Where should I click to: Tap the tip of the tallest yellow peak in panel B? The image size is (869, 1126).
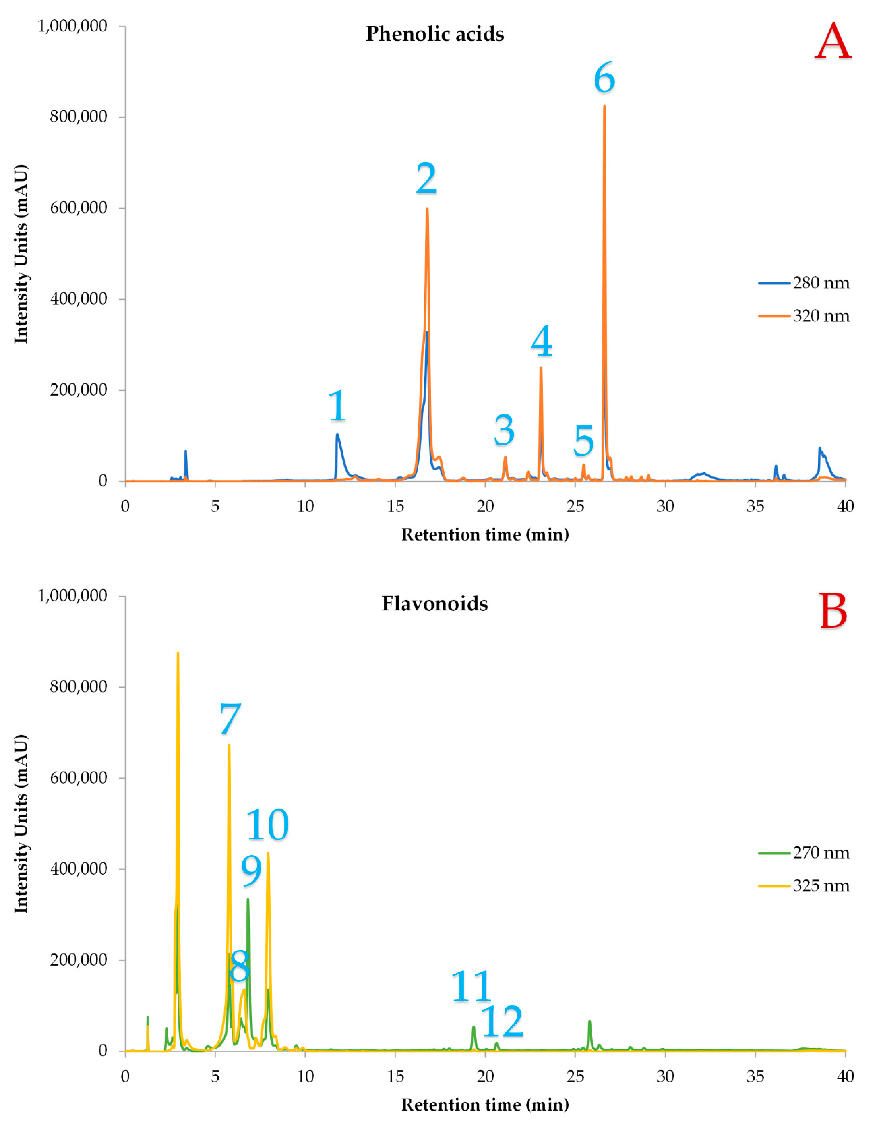tap(178, 653)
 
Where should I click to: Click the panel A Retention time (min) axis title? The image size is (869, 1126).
tap(485, 535)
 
